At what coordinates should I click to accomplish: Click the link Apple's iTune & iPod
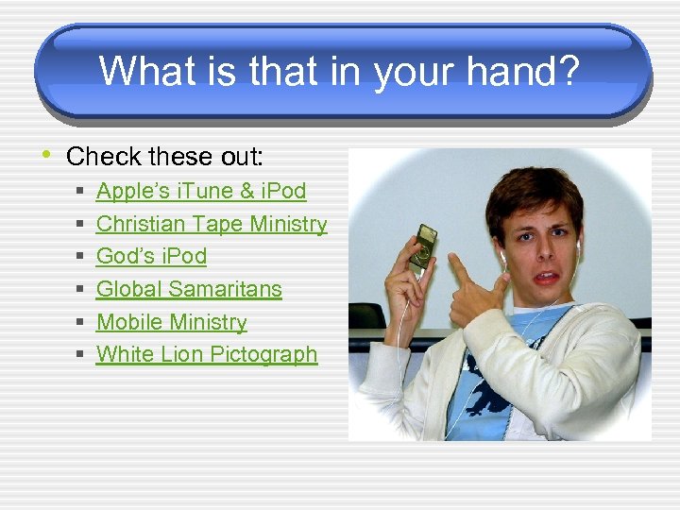click(201, 191)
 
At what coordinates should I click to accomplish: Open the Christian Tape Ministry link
click(212, 224)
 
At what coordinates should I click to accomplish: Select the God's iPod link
click(151, 256)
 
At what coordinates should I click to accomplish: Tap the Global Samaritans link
click(189, 289)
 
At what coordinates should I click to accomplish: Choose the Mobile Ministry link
click(172, 322)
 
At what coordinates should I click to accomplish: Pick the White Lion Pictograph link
click(207, 354)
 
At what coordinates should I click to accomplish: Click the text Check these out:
click(164, 155)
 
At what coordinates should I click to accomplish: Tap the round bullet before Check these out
click(45, 154)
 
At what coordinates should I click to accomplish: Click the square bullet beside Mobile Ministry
click(81, 323)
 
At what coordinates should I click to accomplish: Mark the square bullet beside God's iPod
click(81, 257)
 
